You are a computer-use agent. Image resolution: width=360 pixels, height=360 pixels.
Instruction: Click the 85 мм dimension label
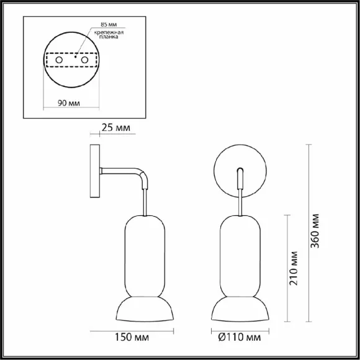(x=109, y=24)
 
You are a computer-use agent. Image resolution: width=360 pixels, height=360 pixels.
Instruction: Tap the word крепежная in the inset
(x=109, y=32)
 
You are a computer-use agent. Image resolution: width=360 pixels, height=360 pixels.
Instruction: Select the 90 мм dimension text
(x=69, y=103)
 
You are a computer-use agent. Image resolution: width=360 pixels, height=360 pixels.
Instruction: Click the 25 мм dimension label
(x=115, y=128)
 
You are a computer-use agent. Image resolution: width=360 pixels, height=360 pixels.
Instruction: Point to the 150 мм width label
(x=132, y=337)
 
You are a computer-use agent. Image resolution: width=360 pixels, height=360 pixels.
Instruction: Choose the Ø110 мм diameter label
(x=240, y=337)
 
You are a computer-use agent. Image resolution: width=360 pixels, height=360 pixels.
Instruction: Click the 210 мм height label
(x=293, y=268)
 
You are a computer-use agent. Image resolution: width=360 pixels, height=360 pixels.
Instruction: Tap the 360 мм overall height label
(x=315, y=231)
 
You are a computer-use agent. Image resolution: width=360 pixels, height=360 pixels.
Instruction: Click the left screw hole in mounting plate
(x=59, y=60)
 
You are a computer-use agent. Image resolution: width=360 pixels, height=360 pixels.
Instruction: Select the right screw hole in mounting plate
(x=84, y=60)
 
